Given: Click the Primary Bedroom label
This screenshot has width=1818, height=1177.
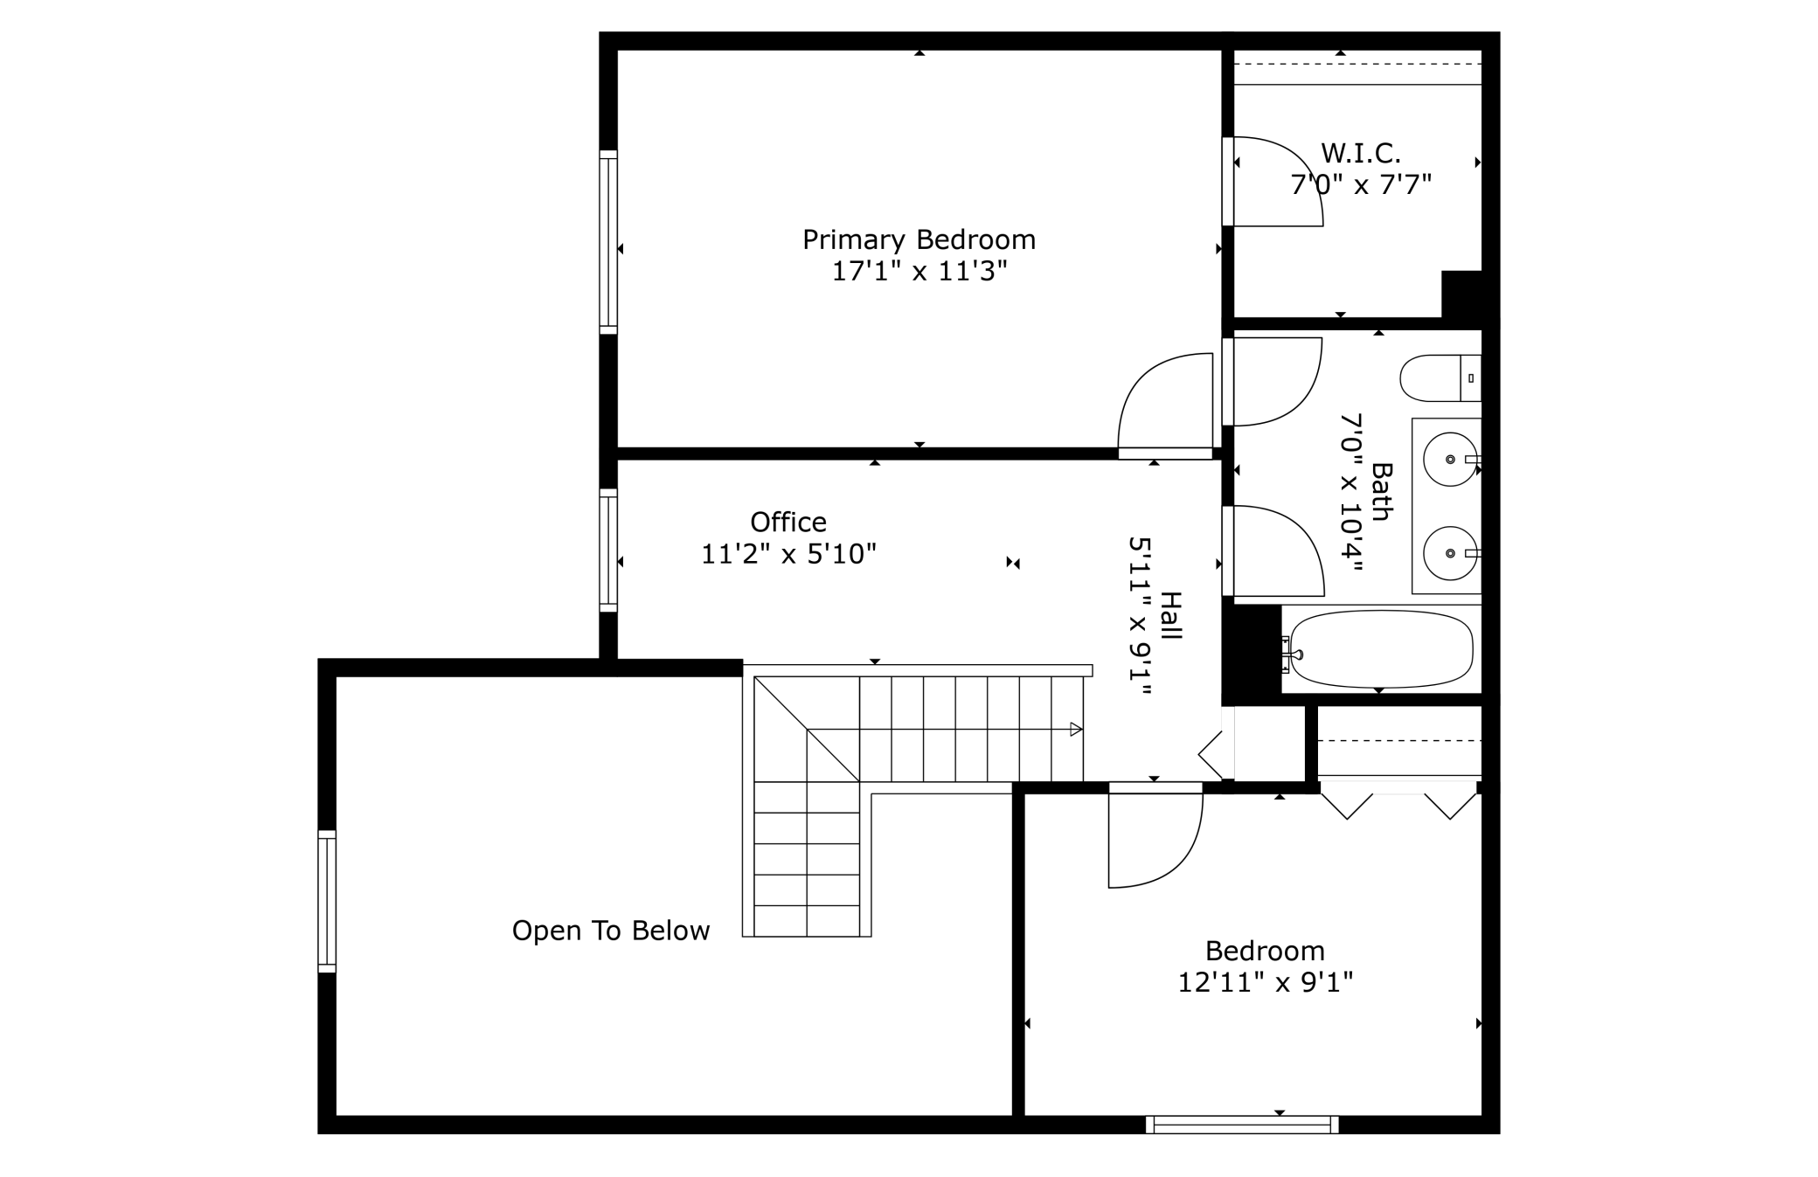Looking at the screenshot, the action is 919,239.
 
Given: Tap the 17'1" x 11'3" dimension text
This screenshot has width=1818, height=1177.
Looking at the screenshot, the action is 919,271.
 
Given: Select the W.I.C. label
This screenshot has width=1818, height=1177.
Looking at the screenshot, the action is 1361,154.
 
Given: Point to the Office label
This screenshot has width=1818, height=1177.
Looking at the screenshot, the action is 788,522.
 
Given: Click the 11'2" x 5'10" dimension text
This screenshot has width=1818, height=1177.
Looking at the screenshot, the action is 788,554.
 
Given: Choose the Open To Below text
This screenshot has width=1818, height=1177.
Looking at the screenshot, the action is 611,931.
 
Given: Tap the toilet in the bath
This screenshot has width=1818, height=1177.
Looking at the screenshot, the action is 1440,378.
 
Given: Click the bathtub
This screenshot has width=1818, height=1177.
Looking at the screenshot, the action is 1381,649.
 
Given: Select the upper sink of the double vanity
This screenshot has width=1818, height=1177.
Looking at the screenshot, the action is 1451,459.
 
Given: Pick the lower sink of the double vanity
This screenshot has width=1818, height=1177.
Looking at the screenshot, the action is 1451,553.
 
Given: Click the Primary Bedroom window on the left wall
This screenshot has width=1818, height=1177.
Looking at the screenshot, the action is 608,242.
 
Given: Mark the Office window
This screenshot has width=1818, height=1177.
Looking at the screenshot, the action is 608,550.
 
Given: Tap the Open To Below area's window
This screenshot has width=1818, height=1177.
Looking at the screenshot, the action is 327,901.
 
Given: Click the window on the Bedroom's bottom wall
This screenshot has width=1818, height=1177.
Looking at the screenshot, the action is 1242,1125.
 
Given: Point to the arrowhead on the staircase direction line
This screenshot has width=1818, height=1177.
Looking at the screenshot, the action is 1077,730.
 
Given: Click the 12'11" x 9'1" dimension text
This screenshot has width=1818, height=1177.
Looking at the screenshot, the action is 1266,983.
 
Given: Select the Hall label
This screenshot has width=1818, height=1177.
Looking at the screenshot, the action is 1170,616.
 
